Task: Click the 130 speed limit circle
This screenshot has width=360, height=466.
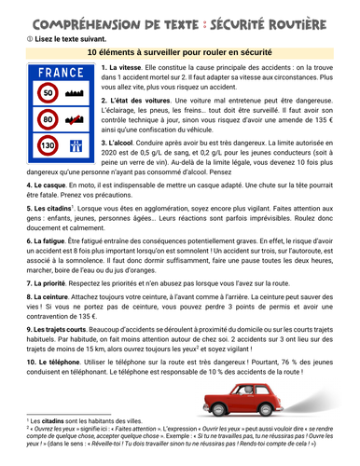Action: coord(48,145)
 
